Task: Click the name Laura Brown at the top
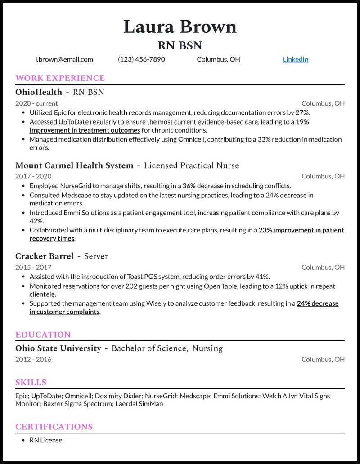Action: pos(180,27)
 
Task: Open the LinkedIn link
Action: pos(295,59)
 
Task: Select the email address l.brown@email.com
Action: pos(64,59)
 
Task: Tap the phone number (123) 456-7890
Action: pos(141,59)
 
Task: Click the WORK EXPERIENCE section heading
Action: pos(60,78)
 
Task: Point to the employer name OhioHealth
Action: pos(39,92)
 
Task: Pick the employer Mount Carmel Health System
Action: pos(74,165)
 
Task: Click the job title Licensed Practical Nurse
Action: pos(191,165)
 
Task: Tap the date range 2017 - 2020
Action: pos(33,176)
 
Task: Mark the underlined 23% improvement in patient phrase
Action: pos(301,230)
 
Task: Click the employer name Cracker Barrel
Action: pos(44,256)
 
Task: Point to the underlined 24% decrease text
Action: pos(318,303)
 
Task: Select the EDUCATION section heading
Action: pos(43,335)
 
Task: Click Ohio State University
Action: pos(58,348)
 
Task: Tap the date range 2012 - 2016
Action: pos(33,359)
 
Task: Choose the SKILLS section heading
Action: pos(31,383)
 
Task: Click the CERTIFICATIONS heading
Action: pos(54,427)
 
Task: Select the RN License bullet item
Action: pos(46,440)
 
